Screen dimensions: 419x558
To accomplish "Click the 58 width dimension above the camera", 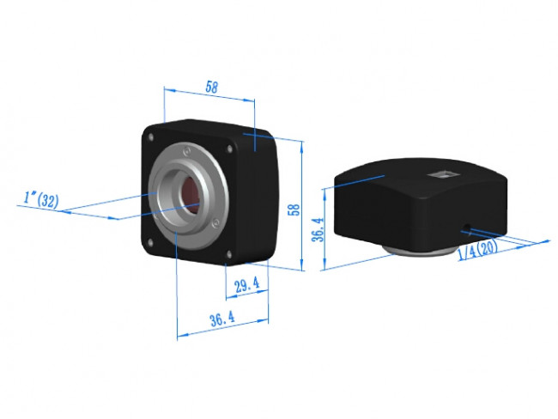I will (x=210, y=86).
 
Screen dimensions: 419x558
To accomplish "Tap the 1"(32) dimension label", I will (x=40, y=201).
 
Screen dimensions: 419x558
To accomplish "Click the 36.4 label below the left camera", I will (x=221, y=319).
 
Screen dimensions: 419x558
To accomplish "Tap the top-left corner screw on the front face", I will (x=151, y=136).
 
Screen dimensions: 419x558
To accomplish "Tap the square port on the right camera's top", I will (x=445, y=175).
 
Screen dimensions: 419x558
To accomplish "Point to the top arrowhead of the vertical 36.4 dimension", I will (x=325, y=191).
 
